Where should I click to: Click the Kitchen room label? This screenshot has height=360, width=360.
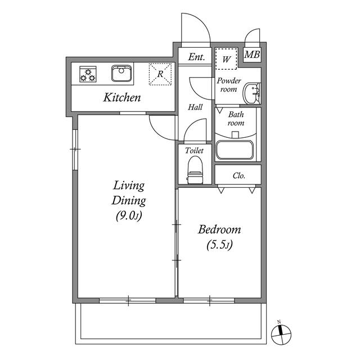coord(121,98)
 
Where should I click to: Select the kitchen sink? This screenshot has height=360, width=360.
coord(121,74)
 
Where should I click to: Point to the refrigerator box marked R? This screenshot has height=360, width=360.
coord(159,74)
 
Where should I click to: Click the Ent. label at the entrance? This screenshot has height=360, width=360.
coord(196,57)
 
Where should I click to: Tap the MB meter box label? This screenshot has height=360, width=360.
coord(253,56)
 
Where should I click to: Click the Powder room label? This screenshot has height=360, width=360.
coord(229,85)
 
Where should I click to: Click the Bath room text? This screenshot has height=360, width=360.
coord(236,119)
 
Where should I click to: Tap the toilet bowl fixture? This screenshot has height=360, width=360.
coord(195,169)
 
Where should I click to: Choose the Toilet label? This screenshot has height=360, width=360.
coord(195,151)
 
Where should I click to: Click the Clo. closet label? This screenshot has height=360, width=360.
coord(239,175)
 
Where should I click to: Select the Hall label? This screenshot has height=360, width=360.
coord(195,107)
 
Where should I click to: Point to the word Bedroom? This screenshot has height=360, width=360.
coord(219,229)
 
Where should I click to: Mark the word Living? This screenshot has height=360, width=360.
coord(129,185)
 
